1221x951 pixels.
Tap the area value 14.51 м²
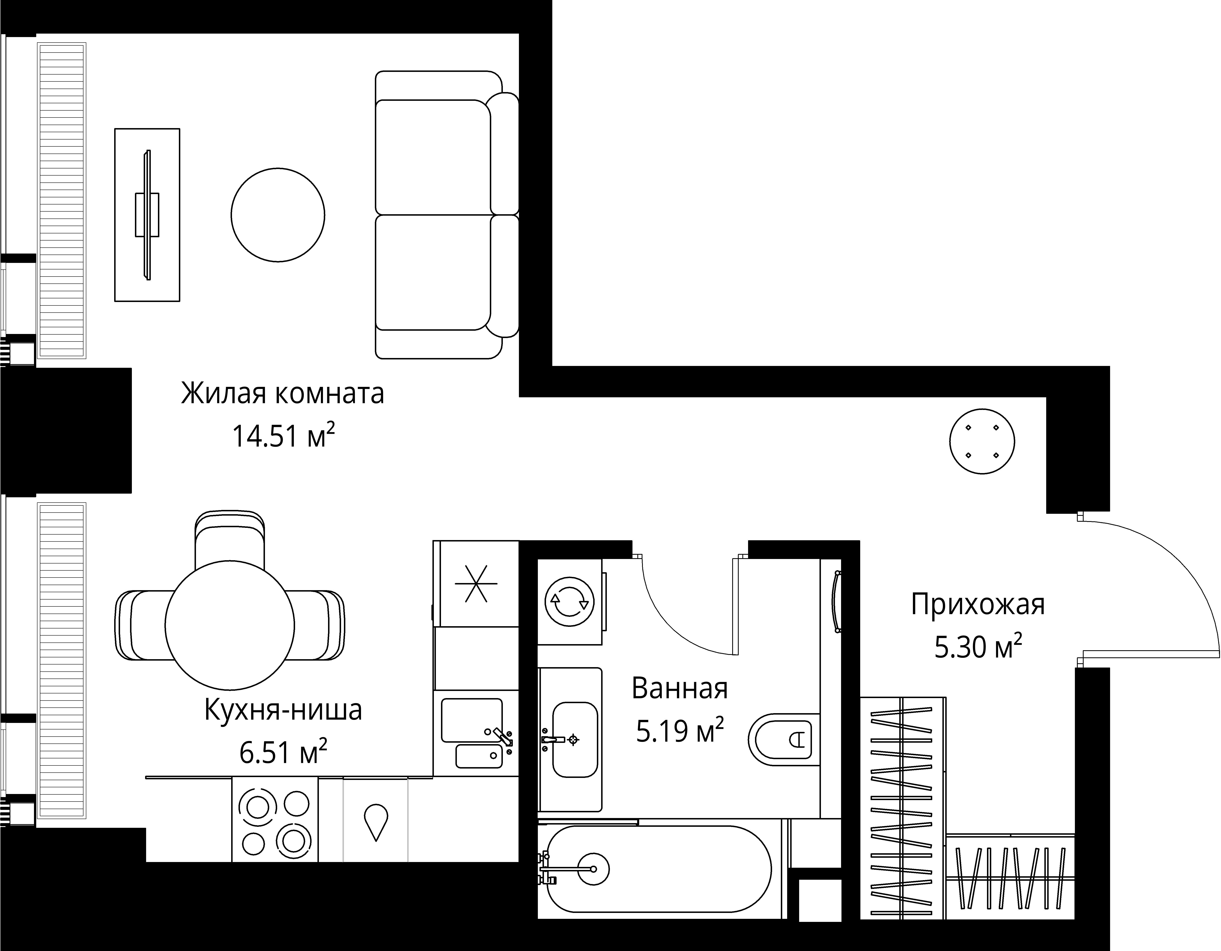click(283, 436)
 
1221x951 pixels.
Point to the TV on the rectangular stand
click(148, 215)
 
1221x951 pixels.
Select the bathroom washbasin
click(575, 740)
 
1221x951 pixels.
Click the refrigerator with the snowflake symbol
click(476, 583)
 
